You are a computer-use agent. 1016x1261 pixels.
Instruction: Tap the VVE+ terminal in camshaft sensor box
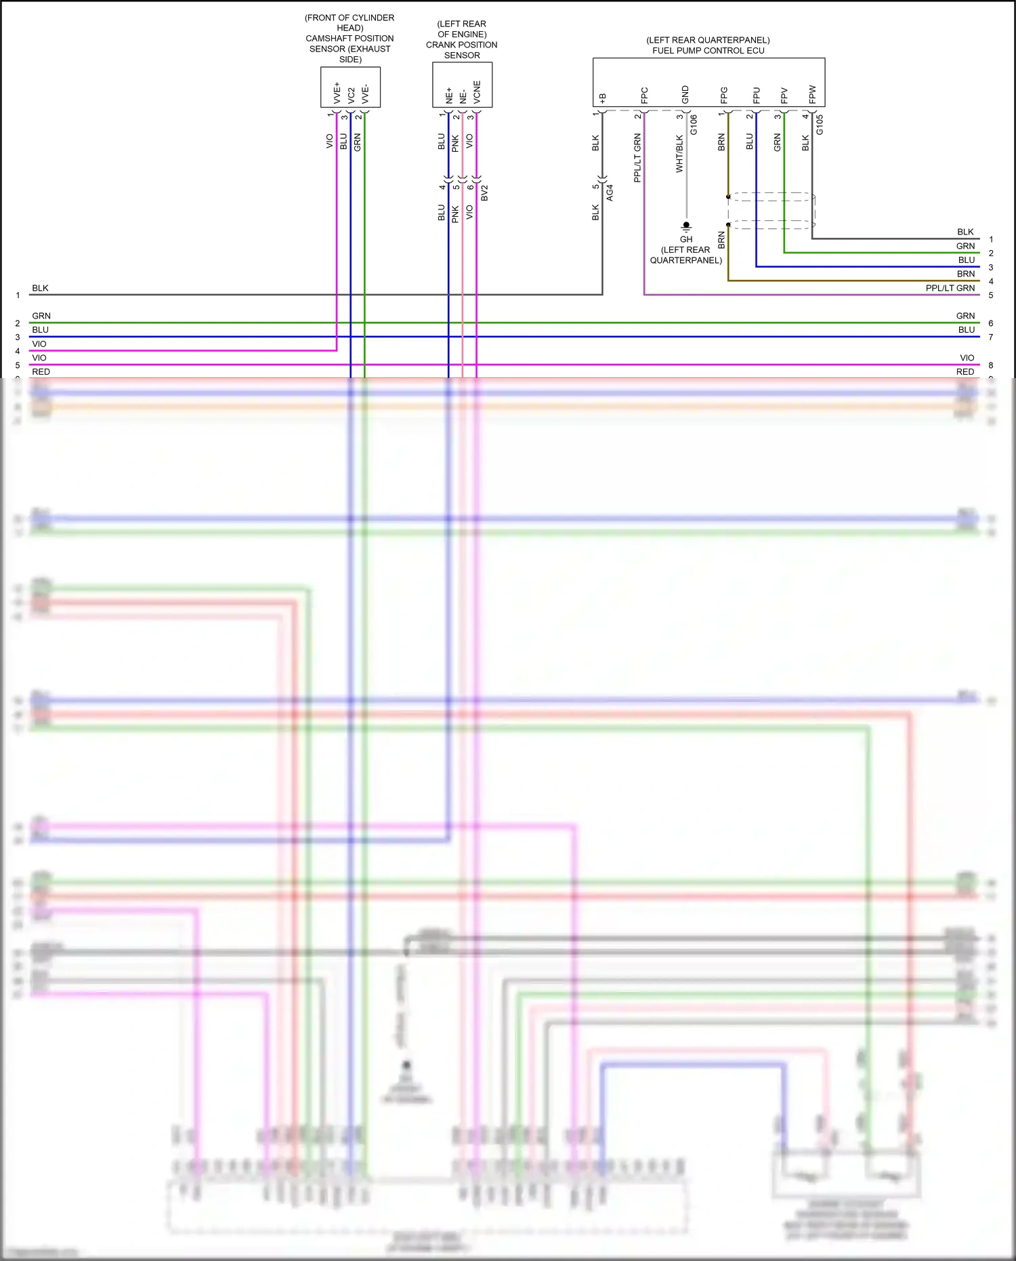pos(337,93)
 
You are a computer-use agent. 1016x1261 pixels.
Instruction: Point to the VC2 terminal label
pos(351,95)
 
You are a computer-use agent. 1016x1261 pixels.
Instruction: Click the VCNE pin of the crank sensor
pos(477,92)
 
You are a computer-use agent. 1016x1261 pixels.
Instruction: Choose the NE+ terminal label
pos(448,95)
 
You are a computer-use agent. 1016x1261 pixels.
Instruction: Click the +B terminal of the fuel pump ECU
pos(602,98)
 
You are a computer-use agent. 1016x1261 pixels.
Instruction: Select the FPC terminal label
pos(644,95)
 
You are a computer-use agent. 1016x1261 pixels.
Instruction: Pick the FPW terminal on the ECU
pos(812,94)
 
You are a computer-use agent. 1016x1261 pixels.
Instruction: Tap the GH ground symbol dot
pos(686,225)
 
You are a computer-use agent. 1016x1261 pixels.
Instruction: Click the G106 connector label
pos(694,125)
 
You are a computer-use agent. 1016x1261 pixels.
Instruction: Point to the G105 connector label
pos(820,124)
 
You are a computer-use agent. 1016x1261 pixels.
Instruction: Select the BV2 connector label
pos(484,192)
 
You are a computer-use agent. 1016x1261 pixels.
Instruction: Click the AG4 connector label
pos(610,192)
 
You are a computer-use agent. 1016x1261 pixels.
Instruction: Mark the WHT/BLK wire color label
pos(679,154)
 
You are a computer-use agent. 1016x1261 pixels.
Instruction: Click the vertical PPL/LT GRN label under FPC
pos(637,158)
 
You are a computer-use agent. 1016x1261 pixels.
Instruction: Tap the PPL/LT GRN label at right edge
pos(950,288)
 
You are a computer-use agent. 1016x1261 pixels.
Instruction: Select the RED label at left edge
pos(41,371)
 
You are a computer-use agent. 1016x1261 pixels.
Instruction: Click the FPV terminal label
pos(784,95)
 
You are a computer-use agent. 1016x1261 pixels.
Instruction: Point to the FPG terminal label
pos(724,95)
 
